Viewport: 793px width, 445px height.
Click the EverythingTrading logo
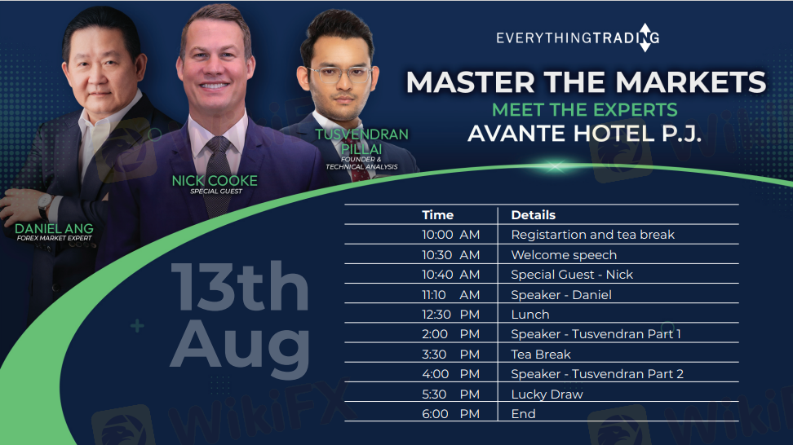[x=578, y=37]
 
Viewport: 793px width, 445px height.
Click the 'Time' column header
[x=437, y=215]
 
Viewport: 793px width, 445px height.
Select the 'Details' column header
[x=533, y=215]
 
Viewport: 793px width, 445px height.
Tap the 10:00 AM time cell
[x=450, y=235]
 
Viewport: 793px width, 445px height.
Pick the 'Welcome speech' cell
[x=564, y=254]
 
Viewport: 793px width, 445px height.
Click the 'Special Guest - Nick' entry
[x=572, y=275]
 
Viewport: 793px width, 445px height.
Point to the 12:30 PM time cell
[x=450, y=314]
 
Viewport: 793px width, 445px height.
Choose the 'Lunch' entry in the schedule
[x=530, y=314]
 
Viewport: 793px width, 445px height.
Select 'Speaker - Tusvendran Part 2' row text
[x=597, y=374]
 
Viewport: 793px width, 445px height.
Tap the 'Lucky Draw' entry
[x=547, y=394]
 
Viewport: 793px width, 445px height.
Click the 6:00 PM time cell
[x=450, y=414]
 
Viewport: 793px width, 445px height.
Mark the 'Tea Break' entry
[x=541, y=354]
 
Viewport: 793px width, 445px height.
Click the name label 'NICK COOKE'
[x=215, y=181]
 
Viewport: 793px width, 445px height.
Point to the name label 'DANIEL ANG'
[x=54, y=228]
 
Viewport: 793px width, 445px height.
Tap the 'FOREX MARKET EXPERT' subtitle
[x=54, y=238]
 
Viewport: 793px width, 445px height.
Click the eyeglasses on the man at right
[x=339, y=75]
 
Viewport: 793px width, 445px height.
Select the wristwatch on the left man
[x=46, y=205]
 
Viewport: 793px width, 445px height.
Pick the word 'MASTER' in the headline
[x=471, y=82]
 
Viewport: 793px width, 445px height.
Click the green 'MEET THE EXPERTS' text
[x=585, y=109]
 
